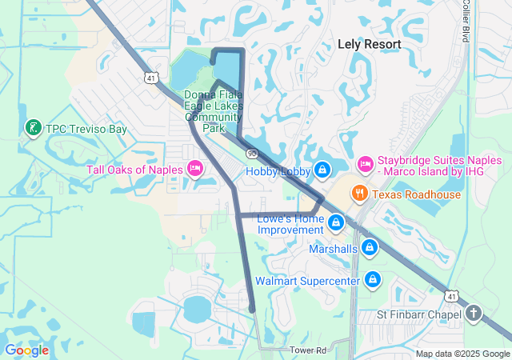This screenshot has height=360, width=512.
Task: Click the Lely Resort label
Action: click(368, 44)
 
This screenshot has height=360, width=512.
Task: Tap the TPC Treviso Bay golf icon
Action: click(33, 128)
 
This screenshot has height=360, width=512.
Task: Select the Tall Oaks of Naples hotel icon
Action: click(194, 168)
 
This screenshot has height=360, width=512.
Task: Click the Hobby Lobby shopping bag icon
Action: click(322, 170)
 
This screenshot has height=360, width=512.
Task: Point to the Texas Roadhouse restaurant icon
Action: click(360, 194)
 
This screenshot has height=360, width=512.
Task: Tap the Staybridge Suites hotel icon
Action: click(365, 164)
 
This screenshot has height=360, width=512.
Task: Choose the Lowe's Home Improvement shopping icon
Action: click(337, 222)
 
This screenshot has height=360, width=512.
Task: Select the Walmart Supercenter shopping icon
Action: click(371, 280)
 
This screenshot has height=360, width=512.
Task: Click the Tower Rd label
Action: click(309, 350)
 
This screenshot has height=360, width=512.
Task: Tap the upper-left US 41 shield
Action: click(151, 78)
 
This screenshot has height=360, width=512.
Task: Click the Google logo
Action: click(26, 350)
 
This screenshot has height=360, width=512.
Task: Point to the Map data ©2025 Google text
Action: click(462, 354)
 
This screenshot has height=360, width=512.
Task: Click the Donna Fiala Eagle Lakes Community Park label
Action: click(213, 110)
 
